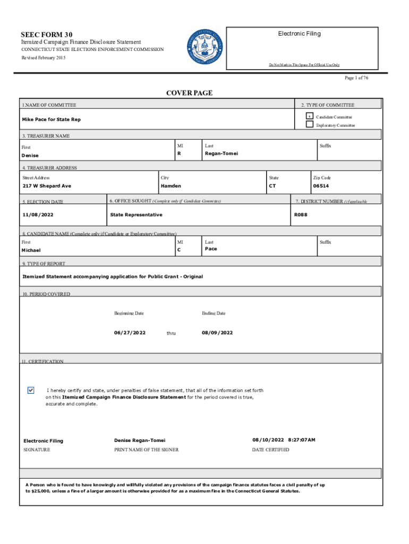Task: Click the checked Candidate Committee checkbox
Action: point(309,116)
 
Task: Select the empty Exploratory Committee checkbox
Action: point(309,124)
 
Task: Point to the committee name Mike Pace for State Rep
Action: point(52,120)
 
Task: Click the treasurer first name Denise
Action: point(30,156)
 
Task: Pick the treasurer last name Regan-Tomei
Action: point(221,154)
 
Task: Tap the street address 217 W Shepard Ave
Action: point(46,186)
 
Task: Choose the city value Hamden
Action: point(171,186)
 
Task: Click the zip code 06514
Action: point(320,186)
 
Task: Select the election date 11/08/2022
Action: point(38,215)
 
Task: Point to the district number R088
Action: point(301,215)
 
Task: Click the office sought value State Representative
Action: point(136,215)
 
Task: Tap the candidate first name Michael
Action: point(31,250)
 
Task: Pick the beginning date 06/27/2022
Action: point(130,333)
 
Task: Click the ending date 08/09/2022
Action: point(217,333)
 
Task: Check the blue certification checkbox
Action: point(31,390)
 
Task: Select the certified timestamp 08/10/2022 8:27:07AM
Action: point(284,440)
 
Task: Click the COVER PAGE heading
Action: point(189,93)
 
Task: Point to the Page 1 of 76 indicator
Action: point(356,78)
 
